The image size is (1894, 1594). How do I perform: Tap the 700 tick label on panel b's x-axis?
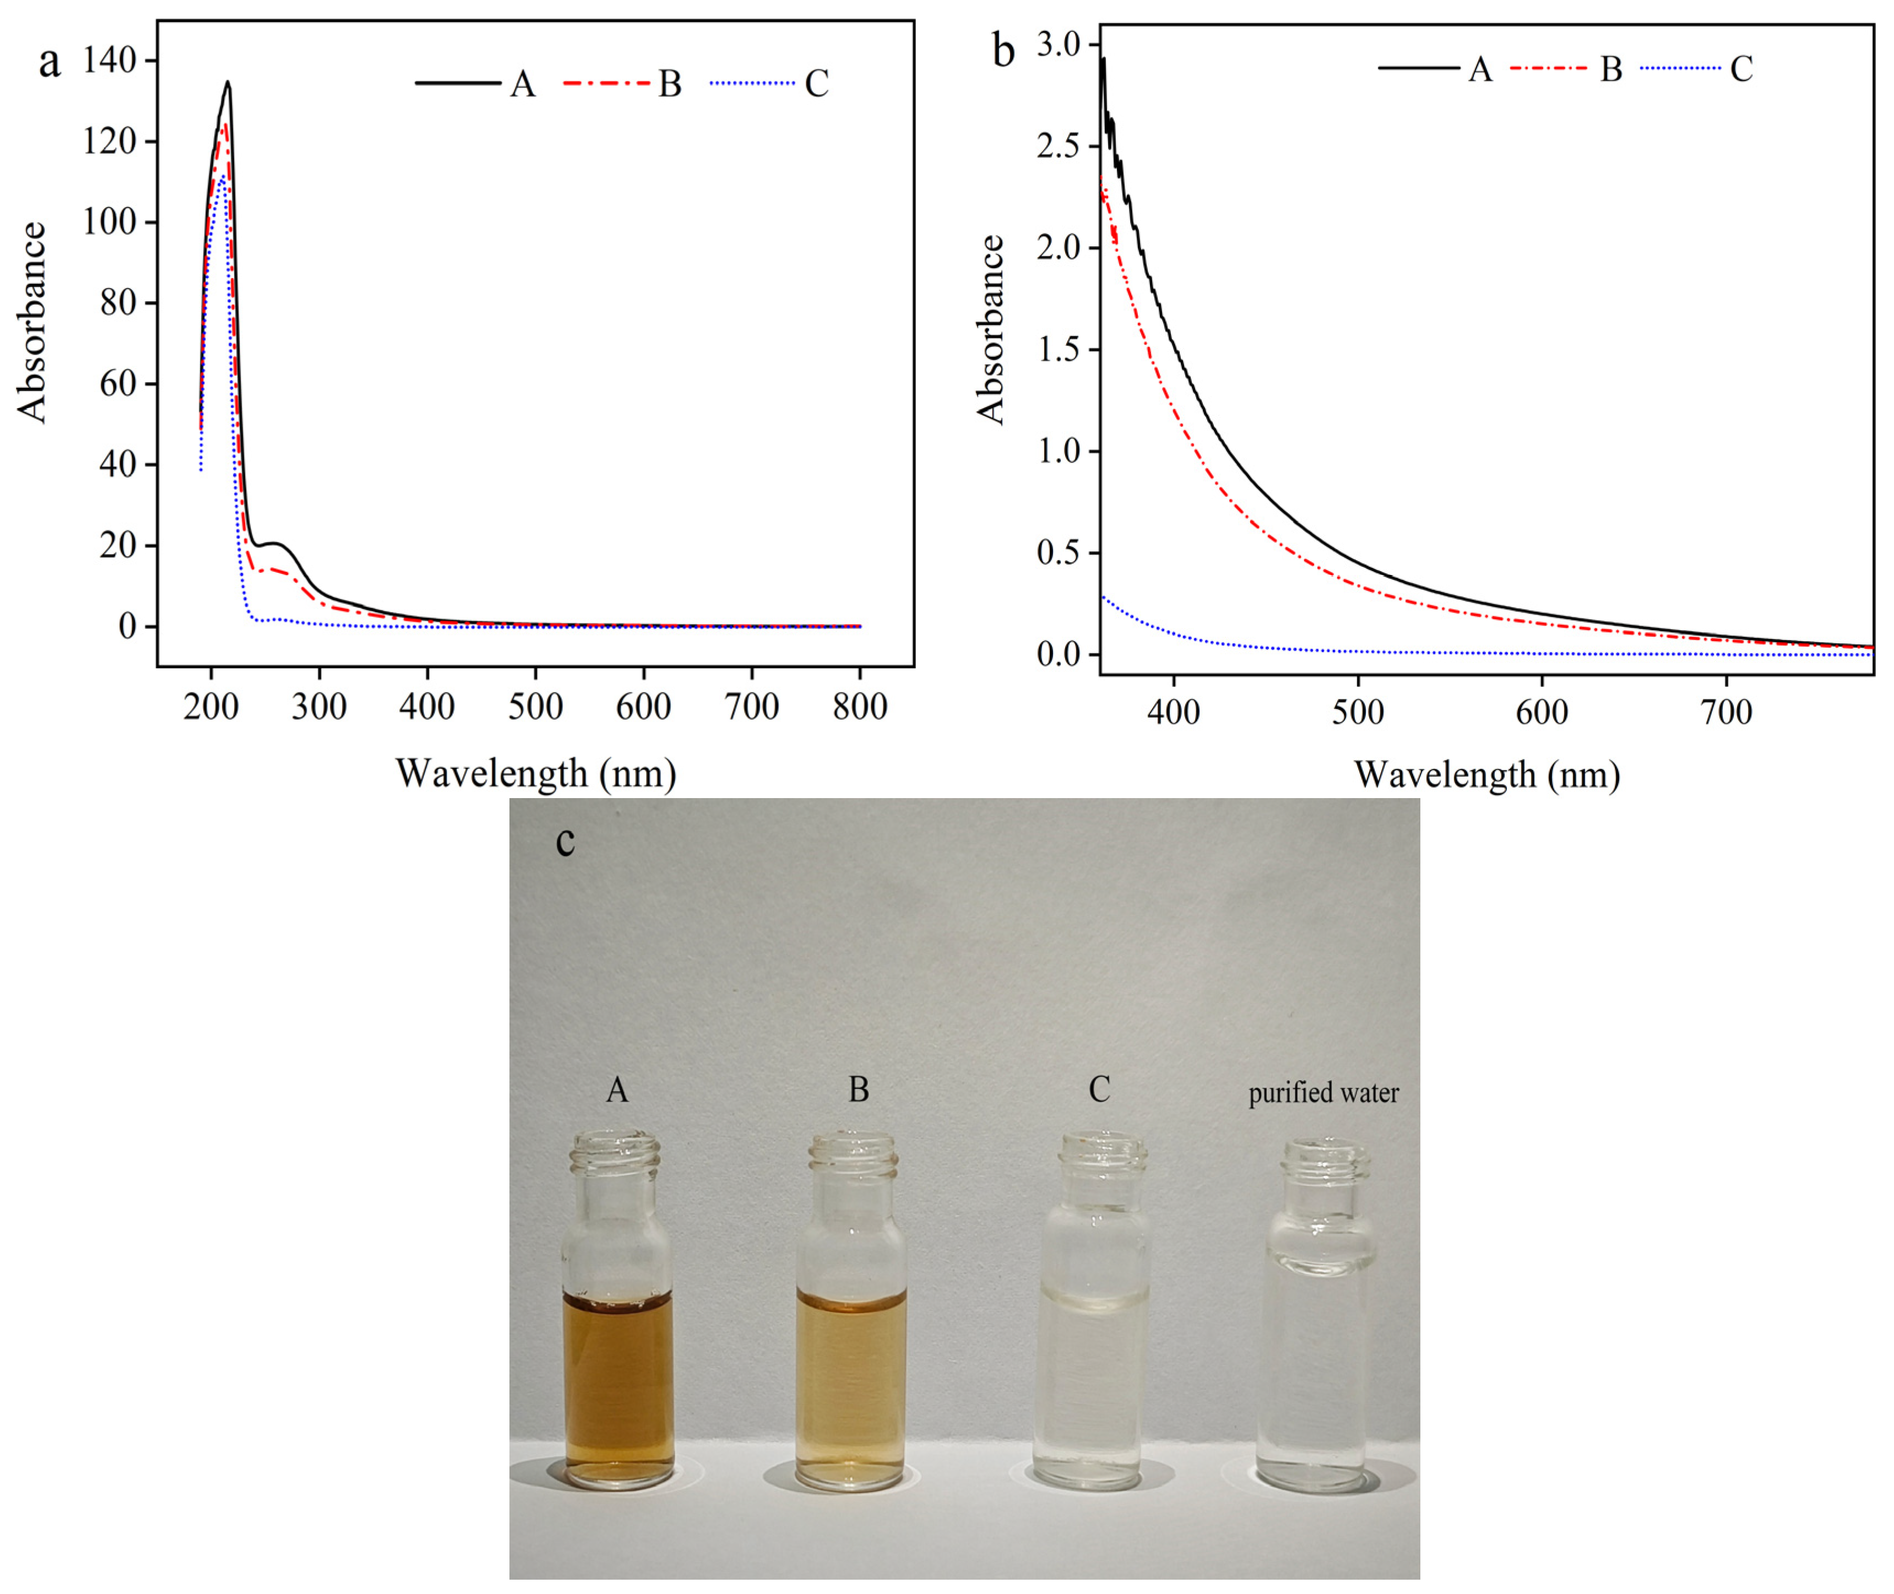coord(1726,713)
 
